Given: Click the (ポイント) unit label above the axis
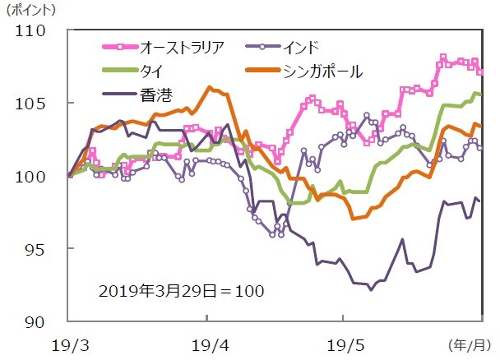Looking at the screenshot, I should pyautogui.click(x=31, y=10).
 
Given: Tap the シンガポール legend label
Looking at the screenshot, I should pyautogui.click(x=323, y=70).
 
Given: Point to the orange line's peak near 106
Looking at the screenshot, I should pyautogui.click(x=211, y=87).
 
